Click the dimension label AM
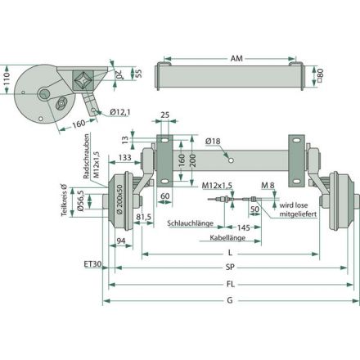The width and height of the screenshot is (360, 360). [236, 58]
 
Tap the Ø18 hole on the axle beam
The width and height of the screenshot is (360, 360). [231, 160]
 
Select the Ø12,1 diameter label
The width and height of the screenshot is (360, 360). [119, 112]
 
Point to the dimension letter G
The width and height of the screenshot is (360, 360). [230, 300]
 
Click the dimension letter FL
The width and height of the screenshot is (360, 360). [231, 284]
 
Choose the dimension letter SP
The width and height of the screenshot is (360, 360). [230, 267]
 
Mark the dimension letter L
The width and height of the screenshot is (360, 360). [230, 253]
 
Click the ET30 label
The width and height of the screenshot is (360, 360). [92, 263]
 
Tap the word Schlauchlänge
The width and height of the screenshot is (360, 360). [190, 223]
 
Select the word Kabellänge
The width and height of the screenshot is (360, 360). [227, 237]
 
